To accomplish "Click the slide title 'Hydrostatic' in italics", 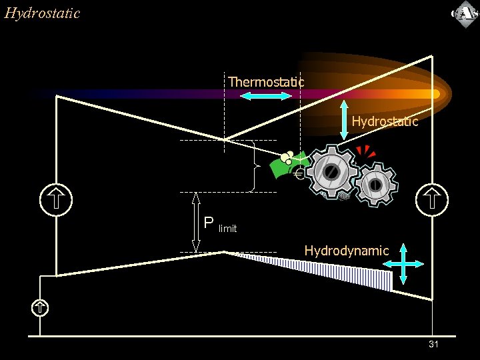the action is pos(42,13).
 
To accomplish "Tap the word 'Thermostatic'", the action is pos(266,81).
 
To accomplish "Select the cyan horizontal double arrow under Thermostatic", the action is pos(266,97).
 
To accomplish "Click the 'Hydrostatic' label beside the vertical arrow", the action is pos(385,121).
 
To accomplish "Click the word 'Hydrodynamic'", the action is pos(346,251).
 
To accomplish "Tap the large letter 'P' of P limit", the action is pos(209,223).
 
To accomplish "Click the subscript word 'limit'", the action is pos(227,229).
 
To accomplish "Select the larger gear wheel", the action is pos(331,171).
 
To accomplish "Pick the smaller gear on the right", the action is pos(375,184).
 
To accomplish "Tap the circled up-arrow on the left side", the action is pos(56,199).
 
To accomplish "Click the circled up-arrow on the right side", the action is pos(431,199).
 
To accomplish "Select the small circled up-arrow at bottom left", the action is pos(41,307).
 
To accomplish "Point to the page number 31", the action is pos(433,344).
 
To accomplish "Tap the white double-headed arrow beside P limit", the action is pos(196,223).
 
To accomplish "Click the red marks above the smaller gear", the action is pos(365,151).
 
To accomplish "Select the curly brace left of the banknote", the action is pos(253,166).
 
